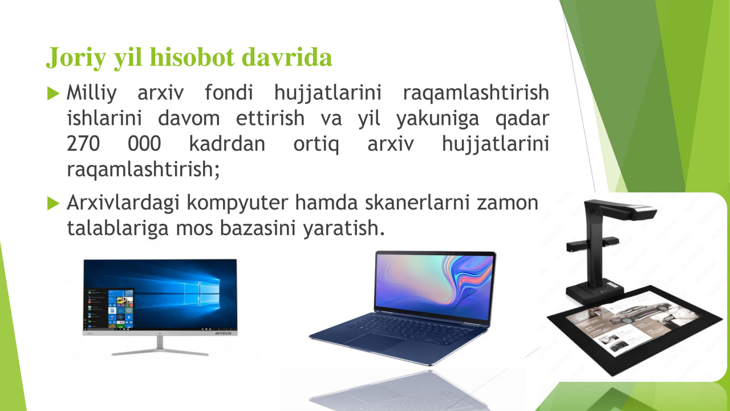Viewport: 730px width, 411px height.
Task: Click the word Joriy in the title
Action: [x=76, y=58]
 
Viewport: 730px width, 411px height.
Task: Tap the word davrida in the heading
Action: [x=286, y=57]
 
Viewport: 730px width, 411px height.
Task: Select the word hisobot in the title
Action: [x=192, y=57]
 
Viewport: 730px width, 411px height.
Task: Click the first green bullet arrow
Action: [x=53, y=93]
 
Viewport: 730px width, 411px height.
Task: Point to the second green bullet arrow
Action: [x=53, y=203]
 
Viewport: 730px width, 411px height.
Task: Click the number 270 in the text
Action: [x=83, y=143]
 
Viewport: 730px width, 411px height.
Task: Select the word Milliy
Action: [x=92, y=93]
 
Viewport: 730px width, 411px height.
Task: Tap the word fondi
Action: [x=229, y=92]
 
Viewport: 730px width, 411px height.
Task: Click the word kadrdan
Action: [x=227, y=143]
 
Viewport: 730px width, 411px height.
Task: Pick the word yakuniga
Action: [x=437, y=119]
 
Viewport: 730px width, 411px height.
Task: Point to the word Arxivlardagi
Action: [x=123, y=203]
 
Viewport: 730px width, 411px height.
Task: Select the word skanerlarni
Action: [x=417, y=202]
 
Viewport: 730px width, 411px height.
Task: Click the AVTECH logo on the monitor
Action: [x=223, y=333]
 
